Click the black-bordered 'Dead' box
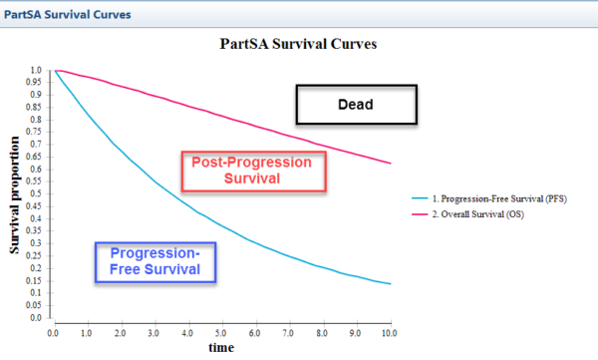click(x=357, y=103)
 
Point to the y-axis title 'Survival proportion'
click(x=16, y=193)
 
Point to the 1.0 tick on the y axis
click(x=37, y=71)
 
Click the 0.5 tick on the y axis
click(x=37, y=194)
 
